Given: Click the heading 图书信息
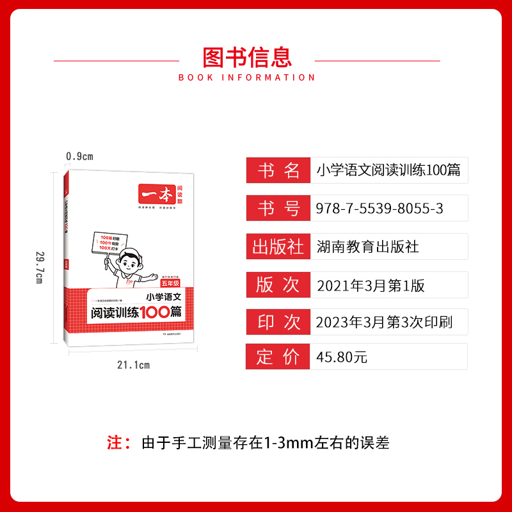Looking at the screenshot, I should click(247, 58).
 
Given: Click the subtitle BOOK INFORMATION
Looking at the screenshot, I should click(247, 77).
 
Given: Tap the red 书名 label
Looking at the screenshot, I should click(278, 170).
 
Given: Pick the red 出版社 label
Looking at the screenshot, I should click(278, 246).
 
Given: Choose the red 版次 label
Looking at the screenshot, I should click(278, 284).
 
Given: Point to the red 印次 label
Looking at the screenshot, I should click(278, 322).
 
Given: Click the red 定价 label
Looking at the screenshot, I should click(278, 357).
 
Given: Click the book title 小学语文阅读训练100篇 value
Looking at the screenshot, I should click(388, 171).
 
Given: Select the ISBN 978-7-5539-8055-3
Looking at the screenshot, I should click(380, 209).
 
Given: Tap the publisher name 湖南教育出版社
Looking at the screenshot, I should click(368, 246).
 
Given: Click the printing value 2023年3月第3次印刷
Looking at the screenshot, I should click(384, 323).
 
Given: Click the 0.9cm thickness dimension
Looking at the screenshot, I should click(80, 156).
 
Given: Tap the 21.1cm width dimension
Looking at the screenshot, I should click(133, 365).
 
